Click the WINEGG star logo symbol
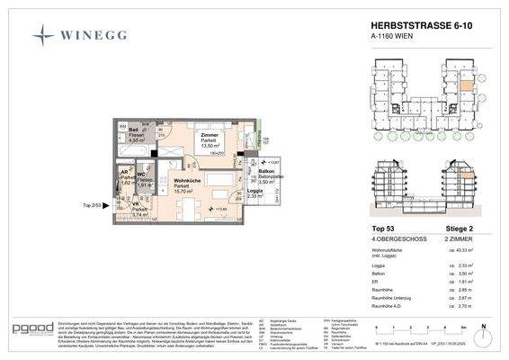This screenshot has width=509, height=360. (x=43, y=35)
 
